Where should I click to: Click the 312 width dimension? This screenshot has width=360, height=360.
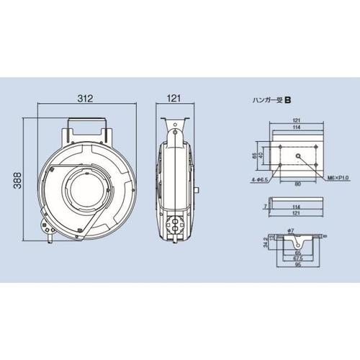[x=85, y=99]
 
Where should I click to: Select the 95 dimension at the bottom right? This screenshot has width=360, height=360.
[x=298, y=264]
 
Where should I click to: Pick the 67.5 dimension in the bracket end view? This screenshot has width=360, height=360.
[x=298, y=258]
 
